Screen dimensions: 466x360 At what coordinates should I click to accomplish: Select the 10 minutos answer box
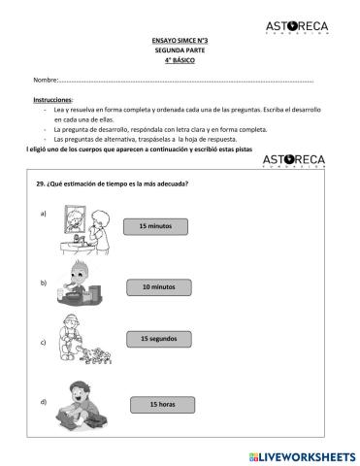coord(158,287)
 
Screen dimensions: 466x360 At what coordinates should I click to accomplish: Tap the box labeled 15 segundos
coord(158,339)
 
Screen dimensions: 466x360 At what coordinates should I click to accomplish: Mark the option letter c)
coord(43,343)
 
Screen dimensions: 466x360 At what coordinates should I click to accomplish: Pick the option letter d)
coord(43,401)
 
